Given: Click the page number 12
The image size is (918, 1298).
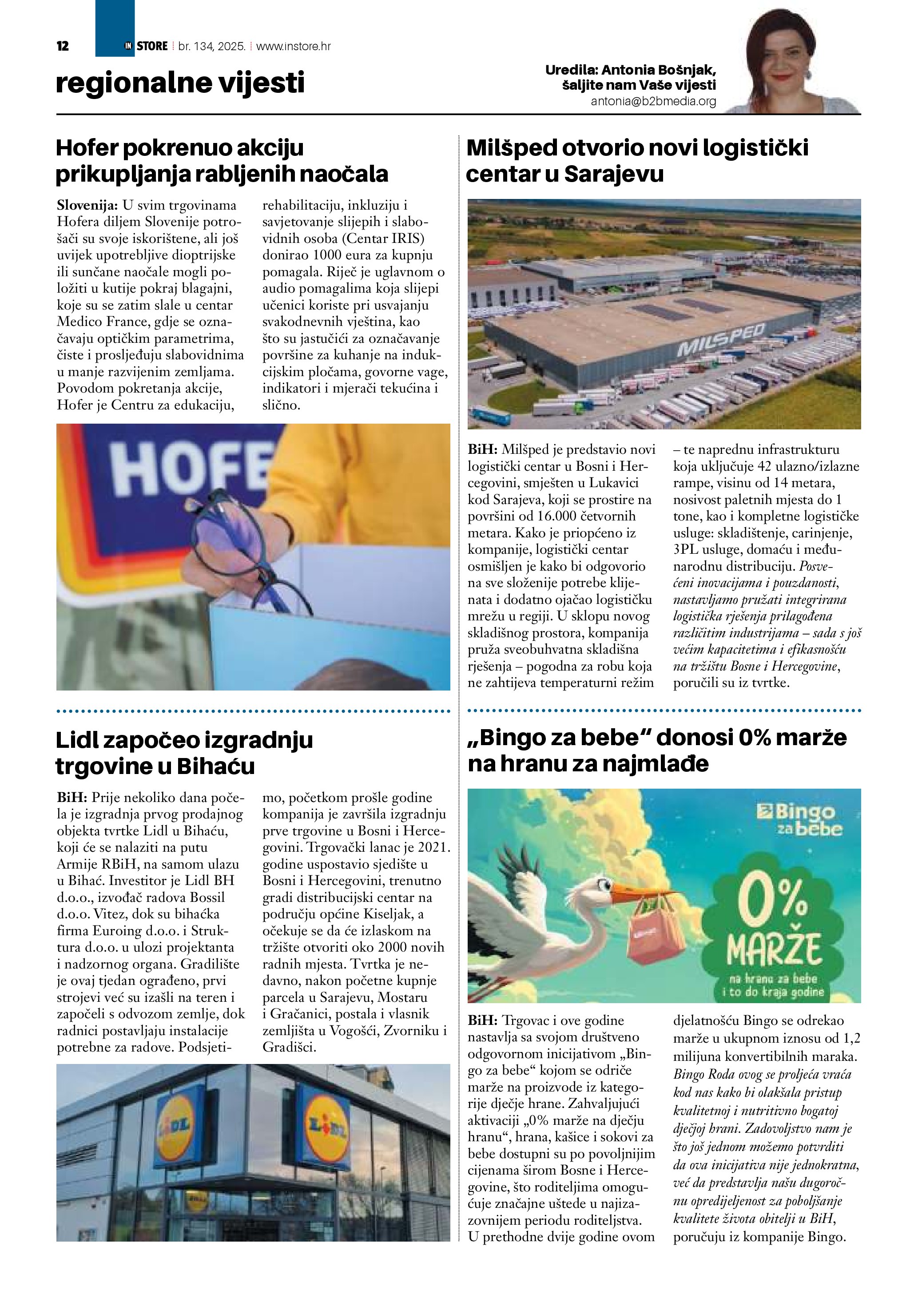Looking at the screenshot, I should [x=63, y=46].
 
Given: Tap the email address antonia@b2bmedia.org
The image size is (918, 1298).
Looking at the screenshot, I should [x=653, y=102].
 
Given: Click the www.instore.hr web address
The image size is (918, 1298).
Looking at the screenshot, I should [x=294, y=46].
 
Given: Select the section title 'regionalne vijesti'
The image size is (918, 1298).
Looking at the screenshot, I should [x=180, y=83].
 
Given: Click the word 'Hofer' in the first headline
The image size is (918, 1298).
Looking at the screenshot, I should [x=87, y=148].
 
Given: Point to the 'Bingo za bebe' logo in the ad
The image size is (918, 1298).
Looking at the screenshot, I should [x=799, y=819].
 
